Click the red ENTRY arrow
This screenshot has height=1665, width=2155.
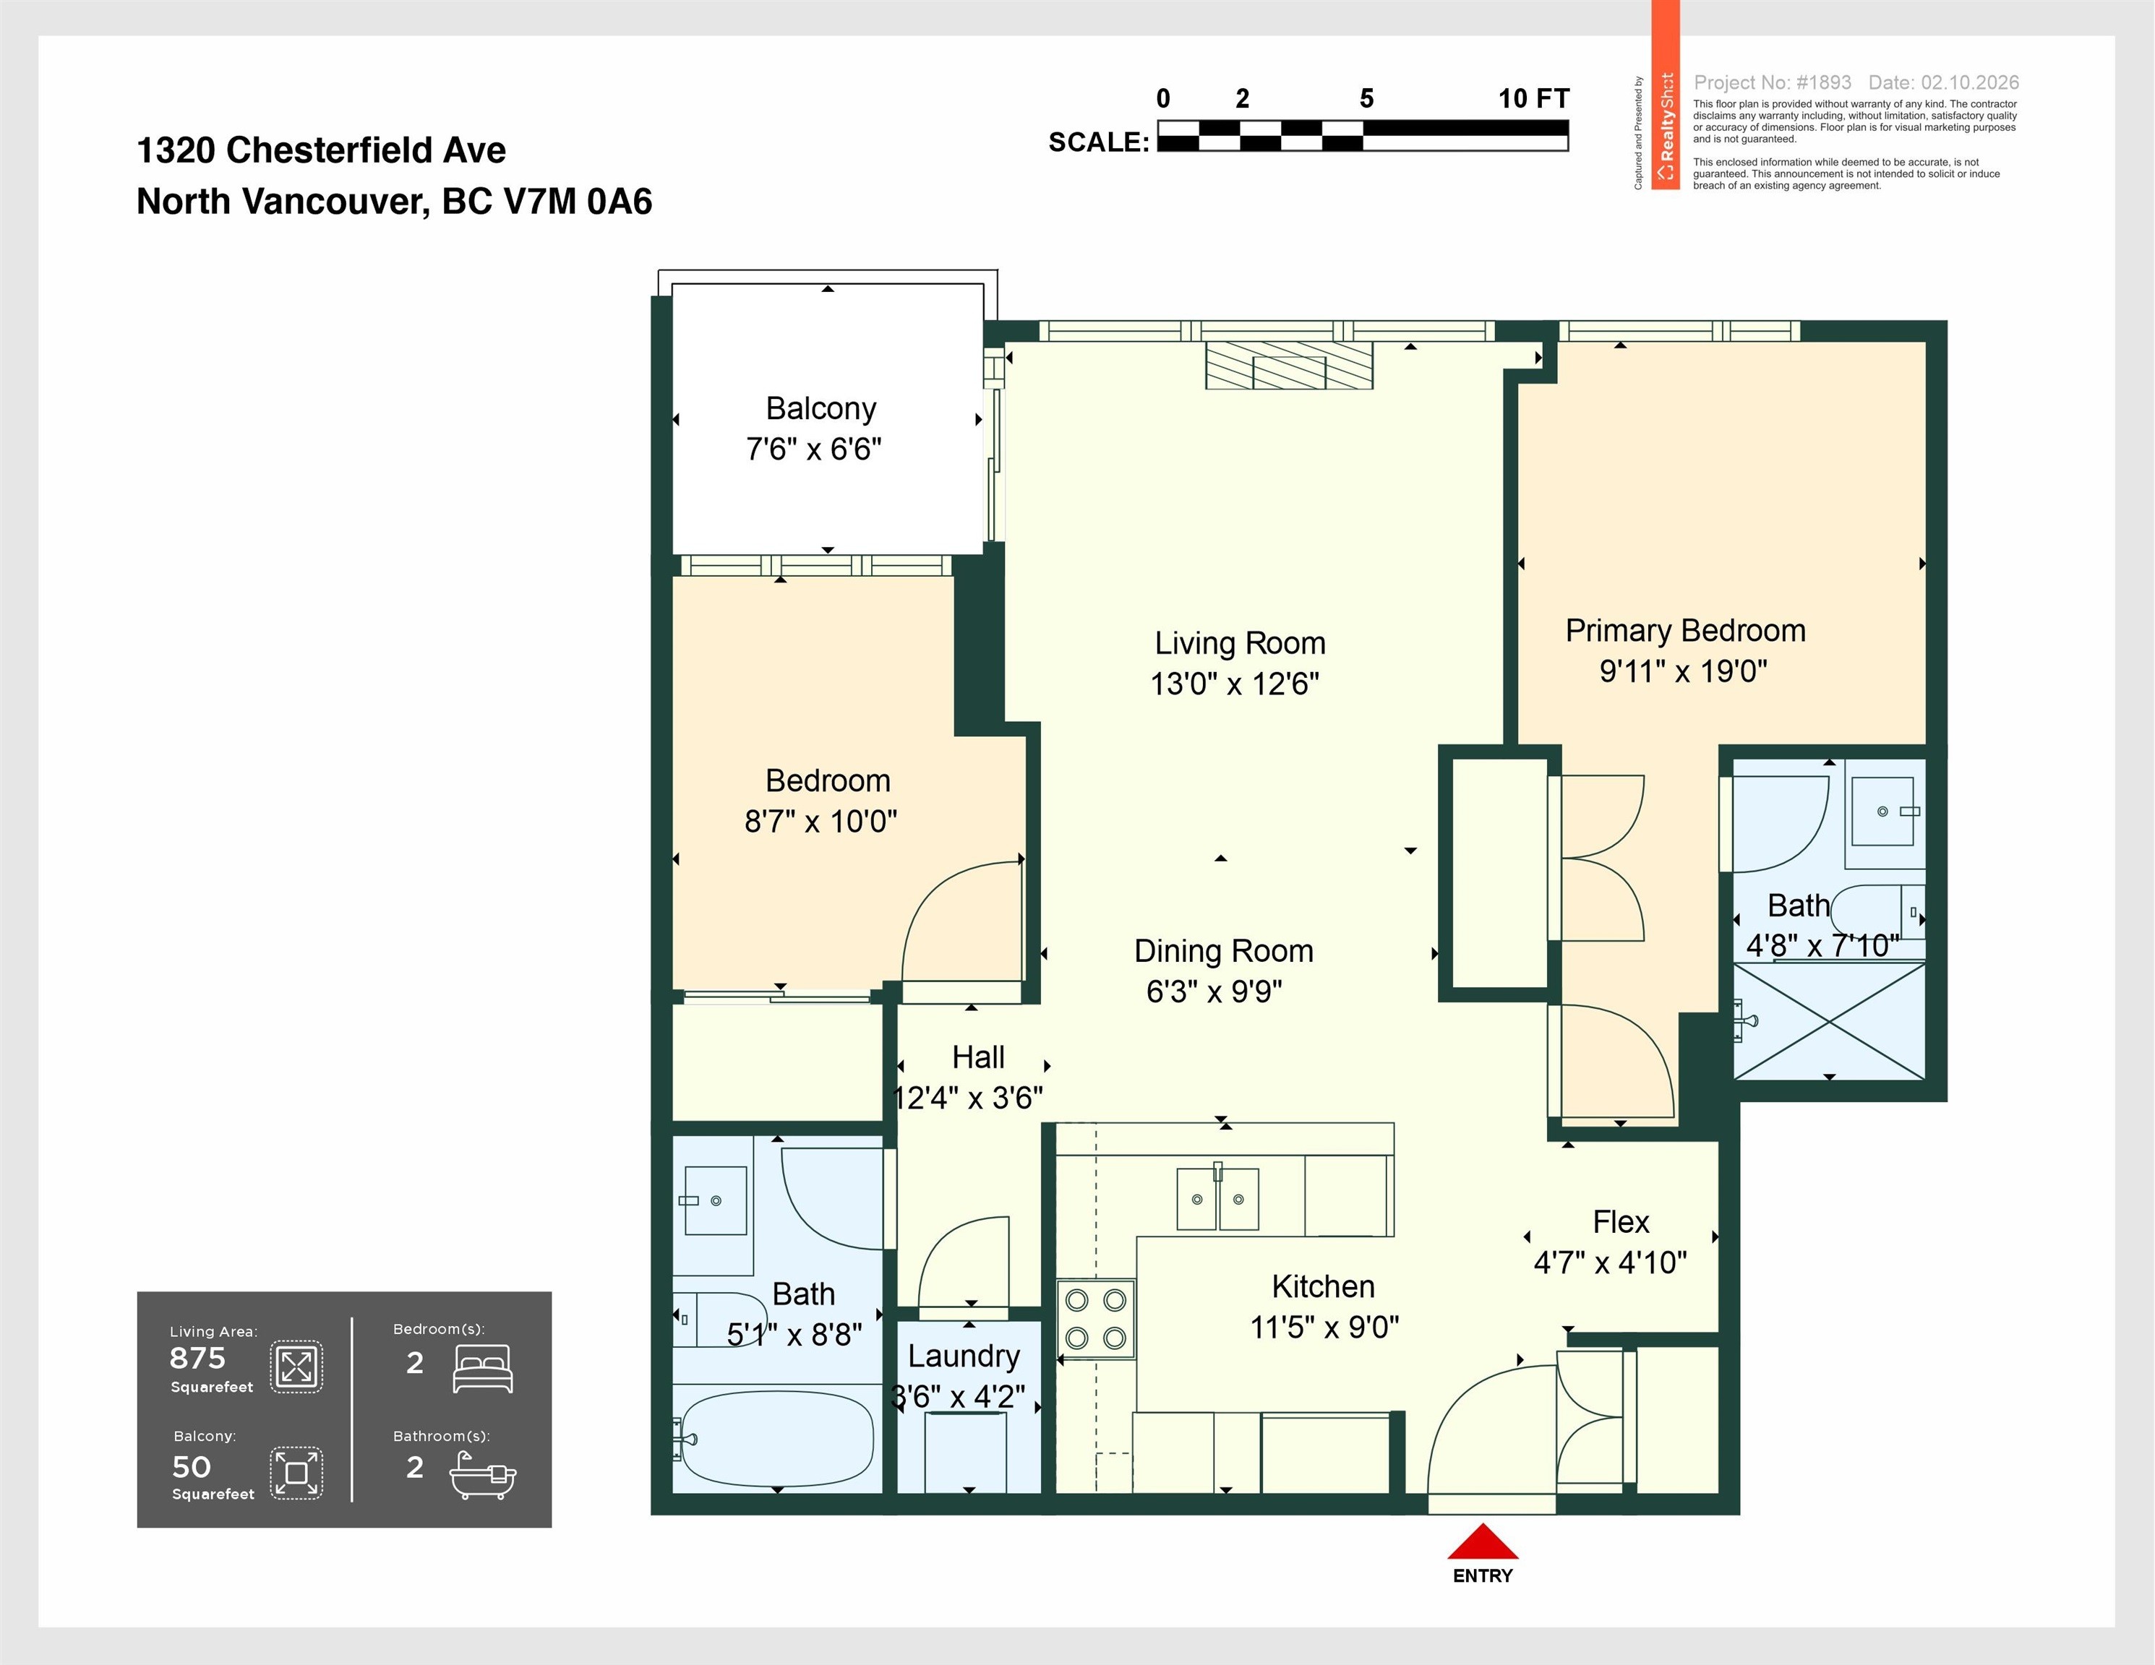[x=1481, y=1541]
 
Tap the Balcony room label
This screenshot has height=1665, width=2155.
[x=821, y=408]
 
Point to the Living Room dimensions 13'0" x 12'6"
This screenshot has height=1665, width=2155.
[x=1235, y=684]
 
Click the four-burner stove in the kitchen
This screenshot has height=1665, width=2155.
[x=1095, y=1319]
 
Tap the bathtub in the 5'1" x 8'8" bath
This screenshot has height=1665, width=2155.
[x=778, y=1439]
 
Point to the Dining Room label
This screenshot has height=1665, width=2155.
[x=1224, y=951]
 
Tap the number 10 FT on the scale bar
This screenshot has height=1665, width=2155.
[x=1533, y=98]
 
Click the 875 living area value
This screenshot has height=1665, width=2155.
[x=197, y=1359]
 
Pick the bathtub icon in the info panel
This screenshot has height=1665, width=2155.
[x=482, y=1475]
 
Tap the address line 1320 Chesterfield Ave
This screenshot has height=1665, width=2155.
[x=321, y=150]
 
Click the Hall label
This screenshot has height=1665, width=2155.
[x=978, y=1057]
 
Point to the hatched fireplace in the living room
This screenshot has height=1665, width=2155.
[x=1289, y=365]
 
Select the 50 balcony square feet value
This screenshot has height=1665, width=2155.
[x=192, y=1467]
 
